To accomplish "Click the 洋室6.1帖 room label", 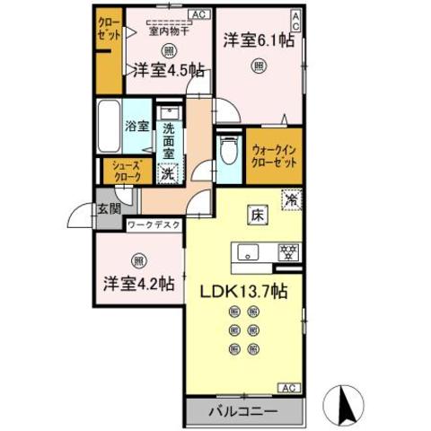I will (x=258, y=40).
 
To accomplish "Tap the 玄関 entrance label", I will (x=110, y=209).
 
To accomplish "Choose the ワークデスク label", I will (x=154, y=225).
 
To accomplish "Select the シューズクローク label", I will (x=125, y=172).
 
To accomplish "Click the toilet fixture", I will (x=228, y=152).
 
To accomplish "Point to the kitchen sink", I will (x=251, y=252).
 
